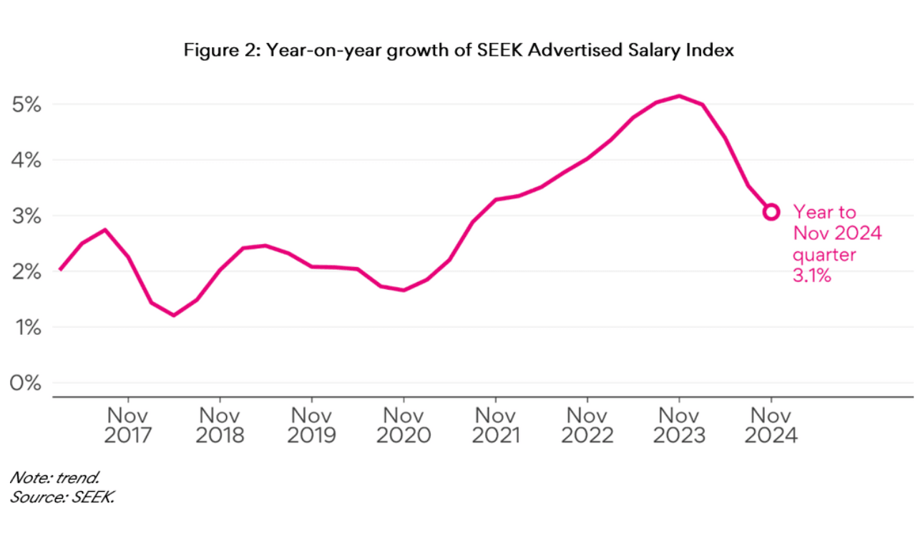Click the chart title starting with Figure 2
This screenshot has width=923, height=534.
click(x=459, y=51)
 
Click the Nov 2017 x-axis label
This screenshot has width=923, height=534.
click(x=128, y=425)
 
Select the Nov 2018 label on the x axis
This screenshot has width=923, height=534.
click(x=220, y=425)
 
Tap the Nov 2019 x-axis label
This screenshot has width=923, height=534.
click(x=311, y=425)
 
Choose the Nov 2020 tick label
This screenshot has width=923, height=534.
click(x=404, y=425)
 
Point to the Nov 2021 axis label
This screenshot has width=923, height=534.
click(x=495, y=425)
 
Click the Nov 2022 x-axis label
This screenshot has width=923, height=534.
click(x=587, y=425)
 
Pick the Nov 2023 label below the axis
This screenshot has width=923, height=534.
click(x=678, y=425)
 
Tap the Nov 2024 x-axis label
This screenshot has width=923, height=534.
click(x=771, y=425)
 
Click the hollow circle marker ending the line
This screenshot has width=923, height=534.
click(x=771, y=212)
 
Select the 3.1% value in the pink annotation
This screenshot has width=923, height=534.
click(x=812, y=276)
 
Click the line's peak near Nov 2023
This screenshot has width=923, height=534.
click(x=678, y=96)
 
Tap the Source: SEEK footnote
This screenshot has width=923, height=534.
click(x=62, y=497)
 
